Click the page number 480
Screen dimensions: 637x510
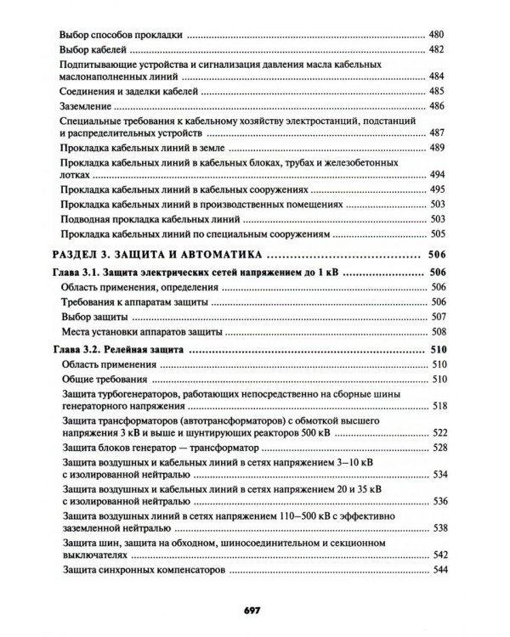coord(437,36)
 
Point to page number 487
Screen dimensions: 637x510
coord(437,133)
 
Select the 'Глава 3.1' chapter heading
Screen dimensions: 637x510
coord(195,274)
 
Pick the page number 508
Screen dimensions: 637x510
coord(437,331)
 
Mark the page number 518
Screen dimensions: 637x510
coord(437,407)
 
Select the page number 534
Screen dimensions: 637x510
coord(437,473)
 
